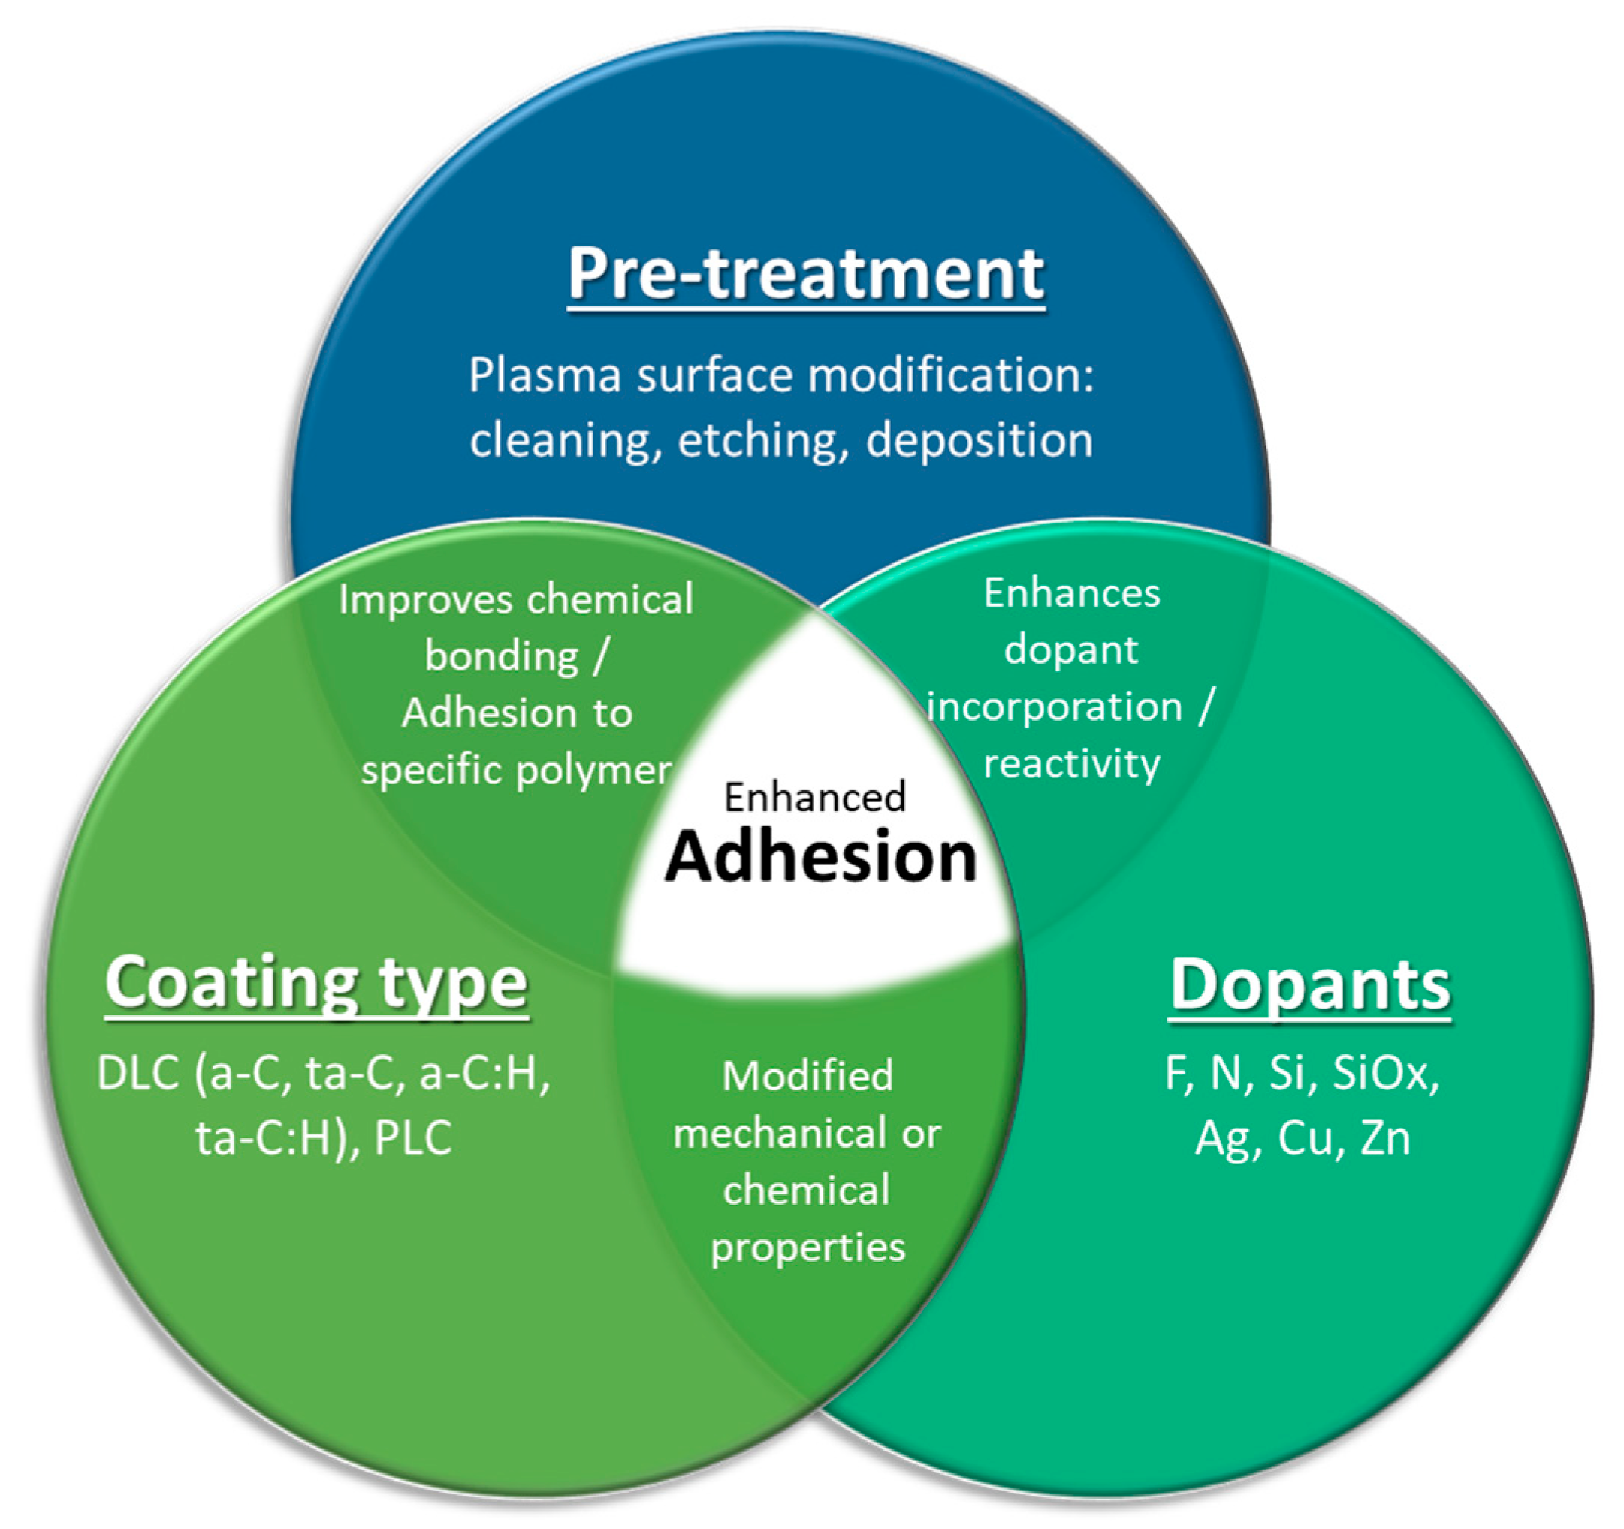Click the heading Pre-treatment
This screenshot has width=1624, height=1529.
805,274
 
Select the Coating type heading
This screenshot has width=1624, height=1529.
316,983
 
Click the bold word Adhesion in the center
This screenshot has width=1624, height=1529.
820,857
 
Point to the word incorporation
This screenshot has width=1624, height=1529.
1055,707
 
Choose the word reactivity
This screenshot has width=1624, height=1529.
1071,764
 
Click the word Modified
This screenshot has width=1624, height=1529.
807,1076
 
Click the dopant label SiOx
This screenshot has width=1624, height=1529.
1385,1073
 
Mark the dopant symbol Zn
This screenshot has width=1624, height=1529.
1385,1138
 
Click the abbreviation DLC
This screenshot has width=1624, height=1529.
138,1073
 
